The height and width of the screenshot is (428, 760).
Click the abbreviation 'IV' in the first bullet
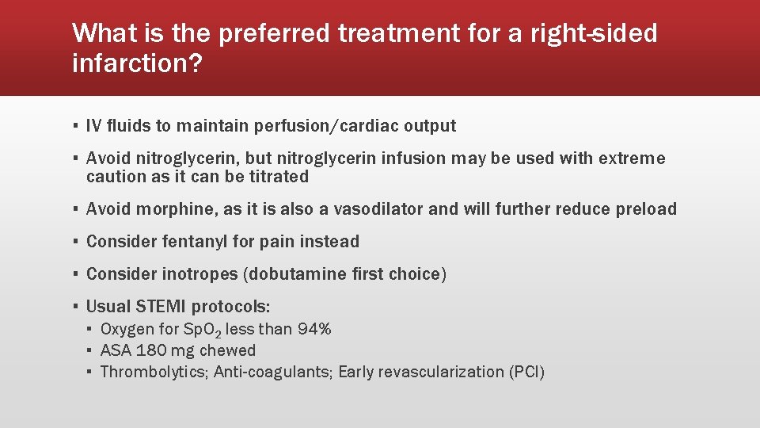point(93,126)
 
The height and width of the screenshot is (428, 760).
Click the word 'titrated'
point(277,177)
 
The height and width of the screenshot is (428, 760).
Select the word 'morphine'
point(170,209)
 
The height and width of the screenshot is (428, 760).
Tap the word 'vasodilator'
point(375,209)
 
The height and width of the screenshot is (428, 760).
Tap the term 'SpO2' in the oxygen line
point(188,330)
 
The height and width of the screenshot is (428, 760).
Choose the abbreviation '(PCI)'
point(526,372)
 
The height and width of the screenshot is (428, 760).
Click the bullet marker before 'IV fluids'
point(74,126)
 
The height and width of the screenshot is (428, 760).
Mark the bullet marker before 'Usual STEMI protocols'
point(74,307)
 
